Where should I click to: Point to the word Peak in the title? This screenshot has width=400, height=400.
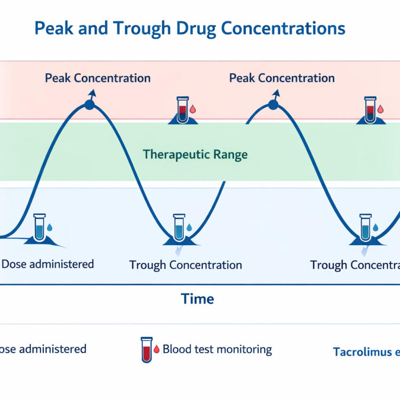point(53,29)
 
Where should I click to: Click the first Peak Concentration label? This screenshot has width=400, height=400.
point(98,78)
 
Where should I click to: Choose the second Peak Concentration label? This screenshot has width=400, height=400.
point(282,78)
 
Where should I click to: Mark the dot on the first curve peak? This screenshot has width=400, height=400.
point(89,105)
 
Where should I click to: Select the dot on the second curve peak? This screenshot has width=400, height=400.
point(273,105)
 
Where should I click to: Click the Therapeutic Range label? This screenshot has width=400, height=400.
point(195,155)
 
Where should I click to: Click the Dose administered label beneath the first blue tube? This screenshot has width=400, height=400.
point(47,264)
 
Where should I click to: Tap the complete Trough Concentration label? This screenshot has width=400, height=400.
point(186,265)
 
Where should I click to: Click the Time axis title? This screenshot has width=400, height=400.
point(197,299)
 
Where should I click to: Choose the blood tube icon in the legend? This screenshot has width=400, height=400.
point(145,349)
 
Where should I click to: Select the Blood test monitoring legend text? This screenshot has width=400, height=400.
point(217,350)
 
